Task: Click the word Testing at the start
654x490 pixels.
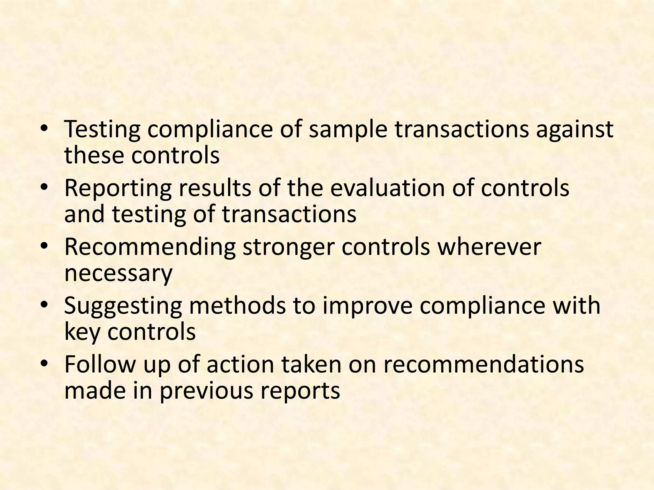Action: [102, 130]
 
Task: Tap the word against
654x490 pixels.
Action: [574, 130]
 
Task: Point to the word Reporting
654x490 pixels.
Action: [118, 188]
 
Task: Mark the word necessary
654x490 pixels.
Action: [118, 274]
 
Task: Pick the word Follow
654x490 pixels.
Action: [100, 365]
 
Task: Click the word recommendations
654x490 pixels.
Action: [483, 365]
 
